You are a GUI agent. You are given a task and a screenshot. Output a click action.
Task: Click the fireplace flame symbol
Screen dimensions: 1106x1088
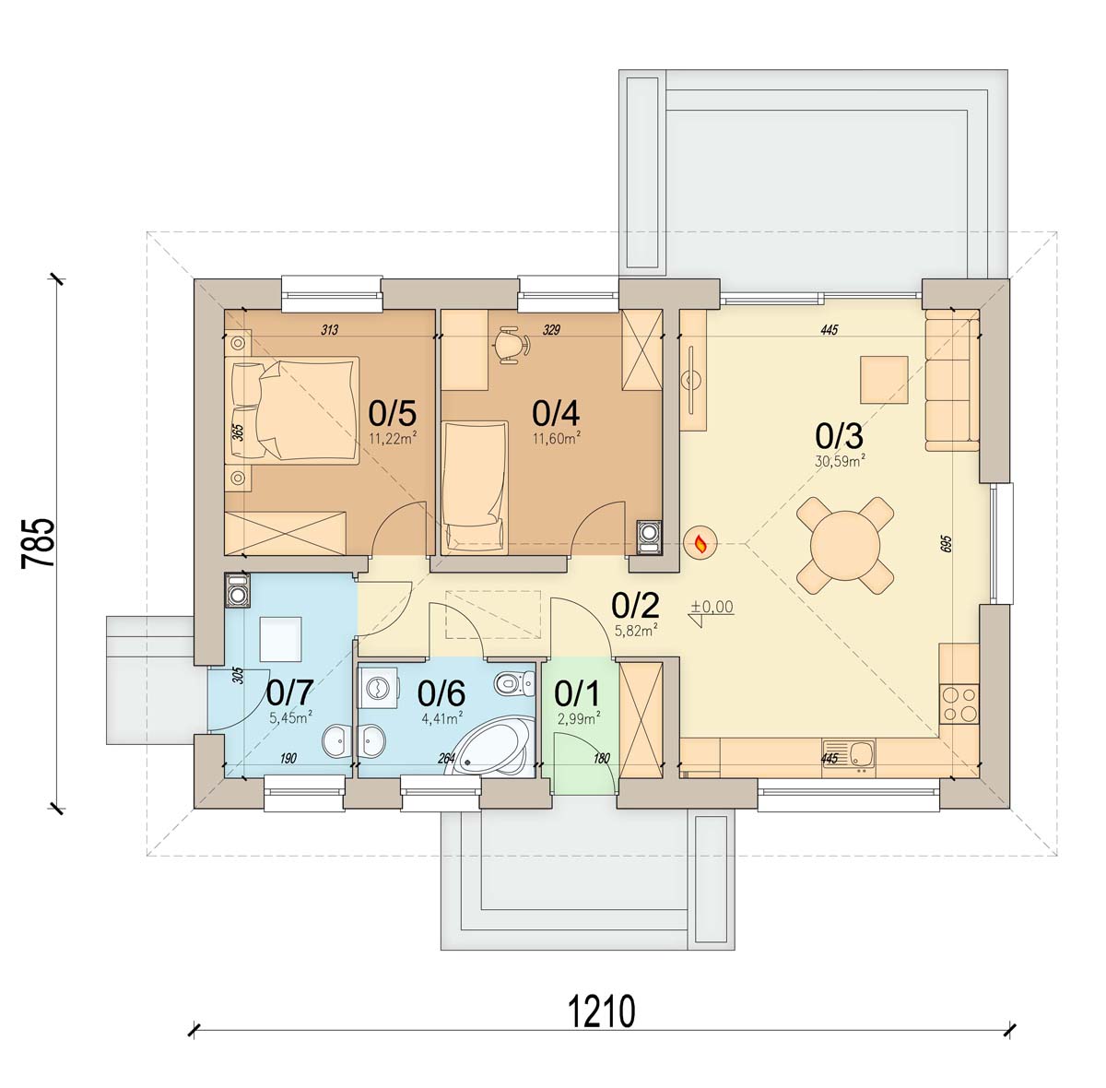click(700, 543)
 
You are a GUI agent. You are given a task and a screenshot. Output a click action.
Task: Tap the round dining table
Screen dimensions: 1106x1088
click(846, 546)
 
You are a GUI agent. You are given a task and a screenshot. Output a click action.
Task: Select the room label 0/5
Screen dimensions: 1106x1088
click(392, 413)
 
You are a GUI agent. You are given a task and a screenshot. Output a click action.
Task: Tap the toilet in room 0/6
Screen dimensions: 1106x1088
click(513, 683)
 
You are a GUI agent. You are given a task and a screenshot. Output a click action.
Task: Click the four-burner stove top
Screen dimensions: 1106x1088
click(959, 704)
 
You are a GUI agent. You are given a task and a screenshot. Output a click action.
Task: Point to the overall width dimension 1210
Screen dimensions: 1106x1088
click(602, 1012)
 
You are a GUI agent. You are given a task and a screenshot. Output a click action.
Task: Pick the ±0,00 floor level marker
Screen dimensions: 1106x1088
click(712, 612)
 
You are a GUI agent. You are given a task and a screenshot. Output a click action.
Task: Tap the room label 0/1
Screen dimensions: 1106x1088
click(577, 694)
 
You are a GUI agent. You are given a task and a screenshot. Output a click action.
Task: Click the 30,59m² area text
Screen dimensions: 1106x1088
click(840, 461)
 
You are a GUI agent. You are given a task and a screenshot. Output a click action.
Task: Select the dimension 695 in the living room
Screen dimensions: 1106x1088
click(947, 545)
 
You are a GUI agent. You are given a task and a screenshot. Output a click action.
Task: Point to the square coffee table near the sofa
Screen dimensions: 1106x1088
click(884, 380)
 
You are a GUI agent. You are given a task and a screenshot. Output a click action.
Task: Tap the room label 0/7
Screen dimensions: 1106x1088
click(290, 693)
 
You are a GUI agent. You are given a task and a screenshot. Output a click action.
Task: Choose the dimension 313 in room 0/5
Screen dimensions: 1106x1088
click(329, 330)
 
